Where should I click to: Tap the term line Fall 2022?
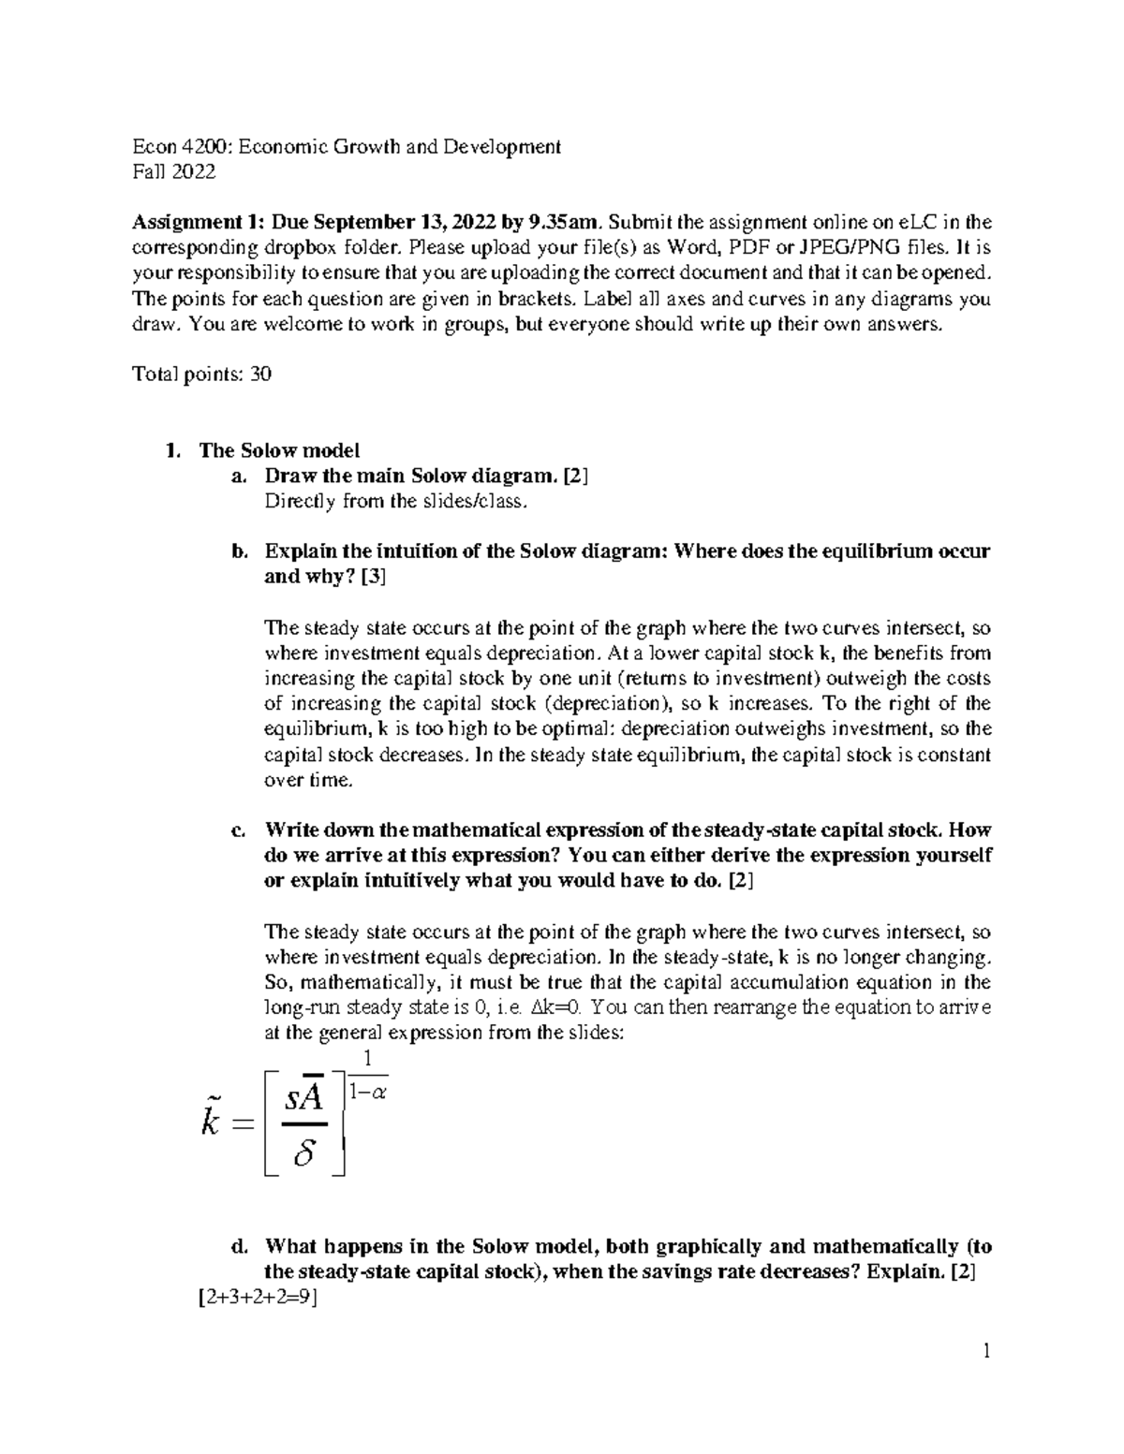tap(174, 172)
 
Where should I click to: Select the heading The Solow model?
tap(279, 450)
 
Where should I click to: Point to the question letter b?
tap(239, 551)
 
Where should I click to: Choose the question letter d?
tap(239, 1247)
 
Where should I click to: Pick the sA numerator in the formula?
tap(305, 1097)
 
